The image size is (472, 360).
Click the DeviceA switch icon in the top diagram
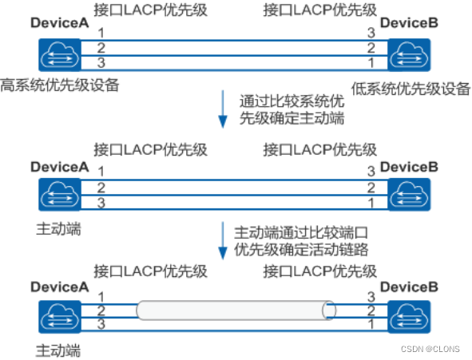(x=60, y=55)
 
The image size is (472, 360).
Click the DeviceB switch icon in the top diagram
(x=409, y=55)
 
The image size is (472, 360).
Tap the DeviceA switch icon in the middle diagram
(x=60, y=194)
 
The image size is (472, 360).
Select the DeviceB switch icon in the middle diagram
(x=409, y=194)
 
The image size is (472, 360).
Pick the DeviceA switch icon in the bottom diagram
(x=60, y=317)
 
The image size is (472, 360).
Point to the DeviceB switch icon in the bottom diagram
(x=409, y=317)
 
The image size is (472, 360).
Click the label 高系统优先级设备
(x=60, y=85)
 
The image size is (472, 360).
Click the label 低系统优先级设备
(x=411, y=89)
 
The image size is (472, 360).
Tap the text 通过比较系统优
(x=292, y=101)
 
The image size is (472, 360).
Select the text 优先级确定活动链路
(x=301, y=249)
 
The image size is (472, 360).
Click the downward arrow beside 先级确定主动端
(x=223, y=109)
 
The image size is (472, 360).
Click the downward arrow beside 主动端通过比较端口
(x=223, y=240)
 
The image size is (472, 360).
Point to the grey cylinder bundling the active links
(x=236, y=310)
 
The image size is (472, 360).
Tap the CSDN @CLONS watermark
(x=430, y=349)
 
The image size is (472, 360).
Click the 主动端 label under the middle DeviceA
(x=58, y=229)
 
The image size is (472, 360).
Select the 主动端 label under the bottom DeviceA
(x=58, y=351)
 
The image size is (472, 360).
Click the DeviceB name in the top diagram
(x=409, y=23)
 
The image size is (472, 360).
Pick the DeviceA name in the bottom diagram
(x=60, y=287)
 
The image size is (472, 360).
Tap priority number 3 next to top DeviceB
(x=371, y=33)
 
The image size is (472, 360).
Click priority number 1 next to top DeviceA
(x=101, y=33)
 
